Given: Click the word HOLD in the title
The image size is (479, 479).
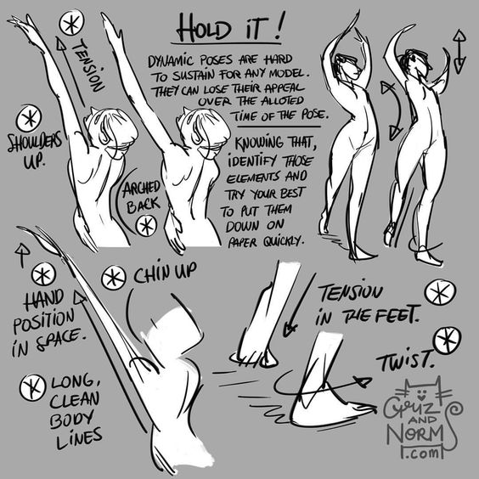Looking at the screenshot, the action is tap(204, 28).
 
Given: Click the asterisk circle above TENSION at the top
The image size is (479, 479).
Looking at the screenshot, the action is tap(71, 23).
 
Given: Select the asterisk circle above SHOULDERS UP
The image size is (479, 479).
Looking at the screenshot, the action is tap(29, 119).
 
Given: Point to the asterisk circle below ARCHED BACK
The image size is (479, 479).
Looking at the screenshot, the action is tap(146, 226).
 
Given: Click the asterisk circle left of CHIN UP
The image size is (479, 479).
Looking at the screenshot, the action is tap(113, 278).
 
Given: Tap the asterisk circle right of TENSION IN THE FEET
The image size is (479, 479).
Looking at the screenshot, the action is tap(440, 292).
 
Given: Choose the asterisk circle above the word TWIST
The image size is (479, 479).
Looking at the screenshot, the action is tap(448, 341).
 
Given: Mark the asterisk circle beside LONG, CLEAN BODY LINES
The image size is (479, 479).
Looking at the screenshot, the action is tap(32, 387).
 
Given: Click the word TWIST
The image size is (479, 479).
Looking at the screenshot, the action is tap(405, 361).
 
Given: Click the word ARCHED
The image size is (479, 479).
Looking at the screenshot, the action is tap(141, 189).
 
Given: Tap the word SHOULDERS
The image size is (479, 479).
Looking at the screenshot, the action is tap(35, 143).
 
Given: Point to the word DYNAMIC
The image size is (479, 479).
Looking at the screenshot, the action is tap(171, 61).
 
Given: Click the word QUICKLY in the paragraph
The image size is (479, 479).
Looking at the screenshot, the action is tap(285, 242).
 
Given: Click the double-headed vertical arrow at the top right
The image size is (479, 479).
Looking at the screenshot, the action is tap(459, 52).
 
